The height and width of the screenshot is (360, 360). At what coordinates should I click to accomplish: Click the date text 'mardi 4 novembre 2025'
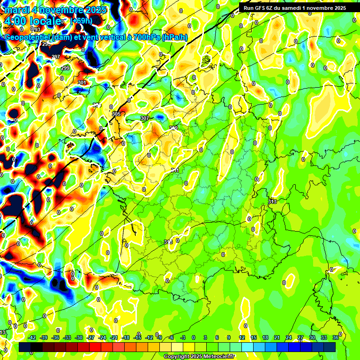55,10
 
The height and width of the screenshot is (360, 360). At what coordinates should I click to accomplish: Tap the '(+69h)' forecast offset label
82,21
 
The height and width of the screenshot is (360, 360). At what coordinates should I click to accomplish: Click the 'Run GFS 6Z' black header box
295,7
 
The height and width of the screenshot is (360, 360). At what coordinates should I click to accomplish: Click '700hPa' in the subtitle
142,37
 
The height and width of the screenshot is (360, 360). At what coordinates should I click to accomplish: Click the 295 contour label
46,44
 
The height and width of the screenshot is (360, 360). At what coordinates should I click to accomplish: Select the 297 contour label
55,57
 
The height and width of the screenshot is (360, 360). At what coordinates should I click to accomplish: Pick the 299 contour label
65,68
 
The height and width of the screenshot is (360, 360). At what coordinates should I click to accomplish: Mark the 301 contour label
82,82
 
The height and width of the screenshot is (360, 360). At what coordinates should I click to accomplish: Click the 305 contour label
116,114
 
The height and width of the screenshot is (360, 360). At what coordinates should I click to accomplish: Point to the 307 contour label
145,118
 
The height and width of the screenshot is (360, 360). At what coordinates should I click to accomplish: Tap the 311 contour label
175,170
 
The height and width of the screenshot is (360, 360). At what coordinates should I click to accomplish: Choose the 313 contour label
272,202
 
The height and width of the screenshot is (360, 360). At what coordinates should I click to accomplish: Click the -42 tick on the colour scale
32,337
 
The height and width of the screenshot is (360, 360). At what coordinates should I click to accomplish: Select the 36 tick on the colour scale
335,337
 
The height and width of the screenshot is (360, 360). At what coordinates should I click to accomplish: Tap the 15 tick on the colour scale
253,337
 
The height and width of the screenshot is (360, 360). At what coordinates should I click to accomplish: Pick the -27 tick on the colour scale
91,337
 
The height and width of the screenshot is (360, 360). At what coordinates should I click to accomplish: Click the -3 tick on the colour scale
182,337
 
